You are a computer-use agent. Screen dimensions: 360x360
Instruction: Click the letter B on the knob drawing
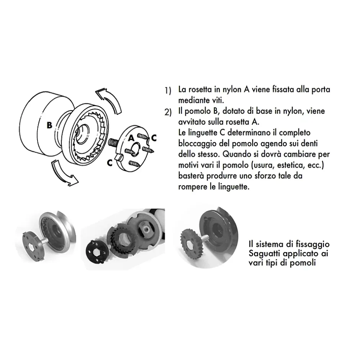49,125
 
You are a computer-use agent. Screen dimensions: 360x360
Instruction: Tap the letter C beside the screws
154,137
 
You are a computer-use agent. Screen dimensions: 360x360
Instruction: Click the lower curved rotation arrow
64,172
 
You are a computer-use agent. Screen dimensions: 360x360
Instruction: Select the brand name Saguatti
265,254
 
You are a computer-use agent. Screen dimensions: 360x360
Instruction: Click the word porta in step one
319,90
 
